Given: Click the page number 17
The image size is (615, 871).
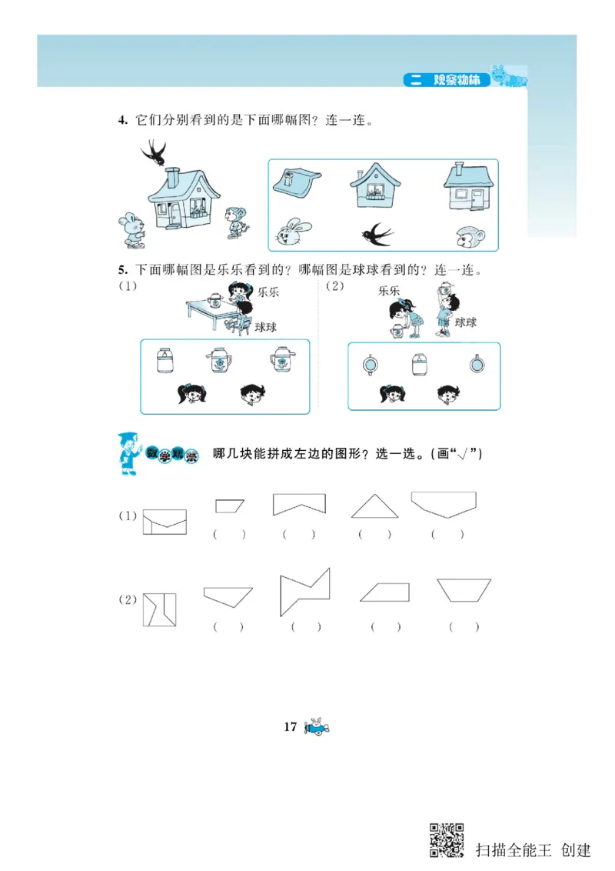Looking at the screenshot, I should [290, 727].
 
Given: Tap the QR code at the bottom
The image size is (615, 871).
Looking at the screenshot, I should [447, 840].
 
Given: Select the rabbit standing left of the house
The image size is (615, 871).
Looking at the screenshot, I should [131, 229].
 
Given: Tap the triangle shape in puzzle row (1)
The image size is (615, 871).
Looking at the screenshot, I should [374, 505].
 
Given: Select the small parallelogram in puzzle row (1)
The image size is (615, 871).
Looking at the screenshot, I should [229, 506].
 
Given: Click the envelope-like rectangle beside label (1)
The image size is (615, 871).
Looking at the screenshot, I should [165, 522].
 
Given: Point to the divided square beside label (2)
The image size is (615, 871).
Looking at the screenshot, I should [159, 609].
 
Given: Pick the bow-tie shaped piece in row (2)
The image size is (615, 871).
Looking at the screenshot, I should [304, 592].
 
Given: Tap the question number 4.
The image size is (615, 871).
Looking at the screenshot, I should [121, 120].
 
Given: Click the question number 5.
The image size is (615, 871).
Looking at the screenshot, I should [121, 270].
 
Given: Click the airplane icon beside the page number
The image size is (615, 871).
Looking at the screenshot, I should [317, 727].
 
